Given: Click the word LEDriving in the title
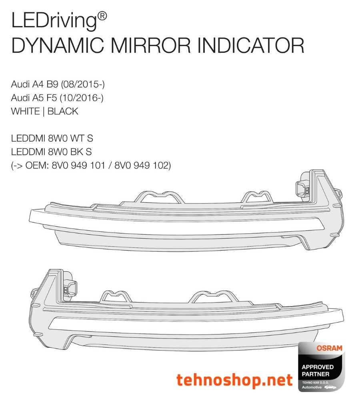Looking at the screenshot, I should [54, 21].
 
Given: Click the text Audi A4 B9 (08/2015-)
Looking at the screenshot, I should [58, 84].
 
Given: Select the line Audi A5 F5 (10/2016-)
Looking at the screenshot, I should [58, 98].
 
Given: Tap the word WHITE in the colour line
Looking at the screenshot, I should [25, 111].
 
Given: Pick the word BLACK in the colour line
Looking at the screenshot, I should [63, 111].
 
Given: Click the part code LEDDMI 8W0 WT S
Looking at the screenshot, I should [52, 139].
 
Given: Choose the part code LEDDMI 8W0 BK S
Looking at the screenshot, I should [52, 152].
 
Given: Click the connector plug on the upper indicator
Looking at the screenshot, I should [303, 188].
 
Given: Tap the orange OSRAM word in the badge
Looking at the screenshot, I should [329, 348].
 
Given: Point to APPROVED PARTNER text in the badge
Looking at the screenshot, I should [316, 370].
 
